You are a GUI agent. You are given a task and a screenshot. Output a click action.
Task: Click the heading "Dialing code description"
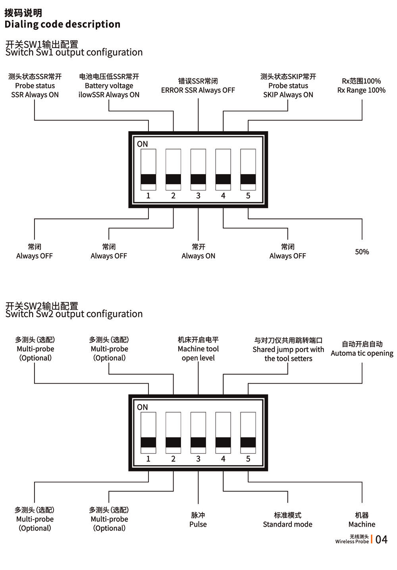(62, 24)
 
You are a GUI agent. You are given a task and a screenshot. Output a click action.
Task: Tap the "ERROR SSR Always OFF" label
(198, 90)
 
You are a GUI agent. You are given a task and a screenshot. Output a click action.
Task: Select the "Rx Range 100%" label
(361, 90)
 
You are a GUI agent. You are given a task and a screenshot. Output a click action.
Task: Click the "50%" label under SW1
(362, 252)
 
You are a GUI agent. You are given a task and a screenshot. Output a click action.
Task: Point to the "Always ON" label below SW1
(198, 256)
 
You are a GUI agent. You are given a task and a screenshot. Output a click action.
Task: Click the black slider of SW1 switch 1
(148, 179)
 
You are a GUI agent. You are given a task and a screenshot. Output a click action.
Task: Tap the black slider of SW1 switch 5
(248, 179)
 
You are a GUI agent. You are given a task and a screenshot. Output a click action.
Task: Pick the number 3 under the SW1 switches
(198, 196)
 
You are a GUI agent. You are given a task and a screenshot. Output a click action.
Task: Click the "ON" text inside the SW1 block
(142, 144)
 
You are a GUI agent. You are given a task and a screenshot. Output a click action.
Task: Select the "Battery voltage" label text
(109, 85)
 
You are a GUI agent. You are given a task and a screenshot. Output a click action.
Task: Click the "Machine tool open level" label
(198, 353)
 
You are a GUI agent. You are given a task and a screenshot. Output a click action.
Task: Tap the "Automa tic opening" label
(362, 353)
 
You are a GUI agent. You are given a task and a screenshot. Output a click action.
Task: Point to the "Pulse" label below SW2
(198, 524)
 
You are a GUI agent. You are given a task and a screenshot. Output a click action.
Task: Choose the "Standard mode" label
(287, 524)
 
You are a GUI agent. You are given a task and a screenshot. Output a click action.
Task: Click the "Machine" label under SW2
(362, 524)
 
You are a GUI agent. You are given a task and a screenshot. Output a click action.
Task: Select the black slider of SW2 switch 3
(198, 442)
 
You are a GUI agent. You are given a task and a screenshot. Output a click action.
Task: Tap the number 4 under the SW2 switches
(223, 459)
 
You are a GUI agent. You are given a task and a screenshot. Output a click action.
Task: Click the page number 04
(381, 539)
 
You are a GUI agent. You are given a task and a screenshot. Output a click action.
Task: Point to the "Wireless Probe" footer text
(352, 541)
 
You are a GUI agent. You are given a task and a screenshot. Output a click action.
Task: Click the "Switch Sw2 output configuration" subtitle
(74, 314)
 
